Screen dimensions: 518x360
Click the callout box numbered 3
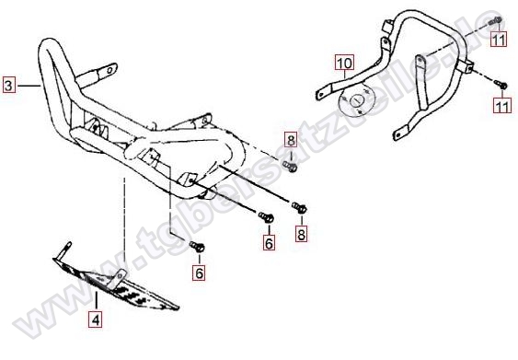click(8, 86)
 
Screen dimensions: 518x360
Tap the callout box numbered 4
click(96, 319)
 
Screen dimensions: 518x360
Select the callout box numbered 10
click(345, 63)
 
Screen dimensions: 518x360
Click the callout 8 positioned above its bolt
click(291, 140)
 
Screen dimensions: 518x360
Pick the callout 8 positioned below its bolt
click(301, 235)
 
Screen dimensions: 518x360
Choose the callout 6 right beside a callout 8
click(269, 243)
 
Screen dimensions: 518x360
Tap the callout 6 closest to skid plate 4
click(199, 273)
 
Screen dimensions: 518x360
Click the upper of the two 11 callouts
click(498, 40)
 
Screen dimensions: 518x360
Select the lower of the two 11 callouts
click(502, 106)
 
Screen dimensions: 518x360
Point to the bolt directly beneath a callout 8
click(290, 166)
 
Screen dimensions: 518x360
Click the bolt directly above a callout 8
click(299, 207)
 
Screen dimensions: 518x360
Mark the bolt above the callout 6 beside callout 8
click(266, 217)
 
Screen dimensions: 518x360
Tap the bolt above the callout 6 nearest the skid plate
click(197, 246)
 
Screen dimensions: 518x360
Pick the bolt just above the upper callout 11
click(496, 20)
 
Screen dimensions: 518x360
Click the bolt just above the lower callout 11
click(501, 84)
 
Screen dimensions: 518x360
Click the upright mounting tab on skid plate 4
click(118, 278)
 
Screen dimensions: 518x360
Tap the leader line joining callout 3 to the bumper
click(29, 86)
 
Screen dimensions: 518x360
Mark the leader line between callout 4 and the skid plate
click(96, 301)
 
